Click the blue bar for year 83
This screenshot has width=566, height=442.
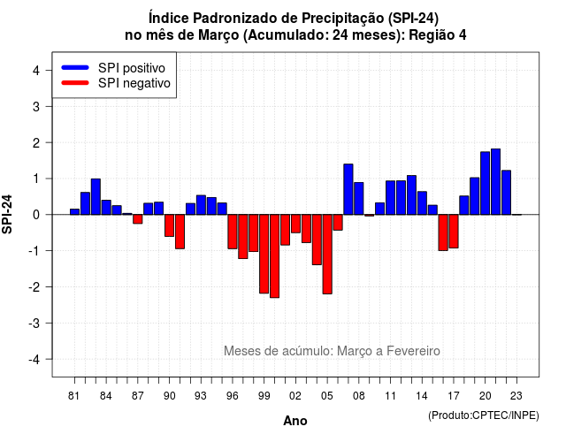click(x=96, y=196)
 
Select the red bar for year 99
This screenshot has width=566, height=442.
click(x=264, y=254)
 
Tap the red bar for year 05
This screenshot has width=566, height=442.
click(x=327, y=255)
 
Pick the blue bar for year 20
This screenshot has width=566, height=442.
click(x=486, y=183)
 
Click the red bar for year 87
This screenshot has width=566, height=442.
click(x=138, y=219)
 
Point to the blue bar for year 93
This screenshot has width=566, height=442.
click(x=201, y=205)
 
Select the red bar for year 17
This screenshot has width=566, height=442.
click(x=454, y=232)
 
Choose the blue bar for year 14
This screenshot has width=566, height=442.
click(x=422, y=203)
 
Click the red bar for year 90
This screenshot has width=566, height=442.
click(x=169, y=225)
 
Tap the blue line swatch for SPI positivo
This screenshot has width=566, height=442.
click(x=75, y=67)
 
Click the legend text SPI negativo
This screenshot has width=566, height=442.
click(x=134, y=83)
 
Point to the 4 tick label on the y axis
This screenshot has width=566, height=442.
click(x=36, y=71)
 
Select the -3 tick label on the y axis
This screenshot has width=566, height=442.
click(x=34, y=323)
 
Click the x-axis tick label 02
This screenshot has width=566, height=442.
click(x=295, y=396)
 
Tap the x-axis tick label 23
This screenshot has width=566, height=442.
click(x=516, y=396)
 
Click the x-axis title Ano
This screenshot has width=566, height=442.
click(x=295, y=421)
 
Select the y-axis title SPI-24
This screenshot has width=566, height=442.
click(x=7, y=214)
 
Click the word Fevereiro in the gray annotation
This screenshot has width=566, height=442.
click(x=413, y=351)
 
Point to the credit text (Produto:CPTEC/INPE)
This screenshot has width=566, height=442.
click(x=484, y=415)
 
